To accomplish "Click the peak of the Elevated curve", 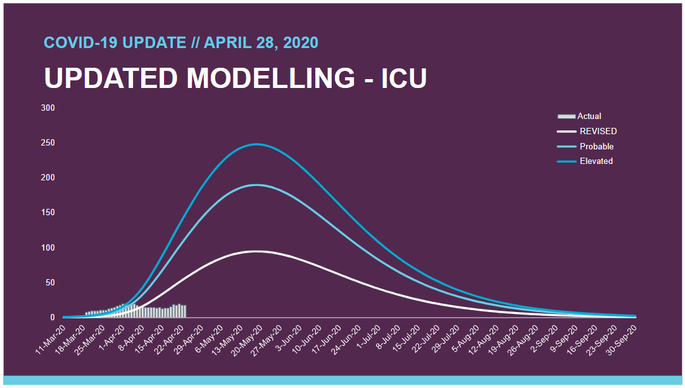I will tap(256, 144).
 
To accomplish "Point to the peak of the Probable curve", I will tap(256, 185).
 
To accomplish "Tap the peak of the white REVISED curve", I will tap(256, 251).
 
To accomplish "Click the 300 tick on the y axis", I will tap(49, 108).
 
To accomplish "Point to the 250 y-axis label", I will tap(49, 143).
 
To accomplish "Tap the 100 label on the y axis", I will tap(49, 247).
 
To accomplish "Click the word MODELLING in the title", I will tap(271, 78).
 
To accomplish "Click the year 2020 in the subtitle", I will tap(301, 43).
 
